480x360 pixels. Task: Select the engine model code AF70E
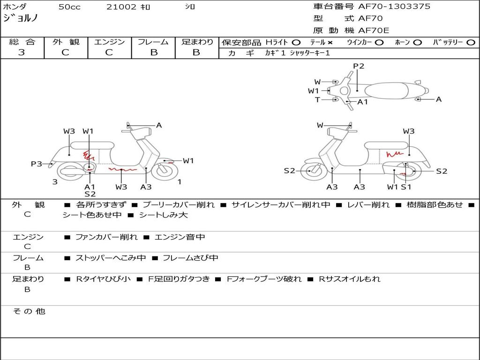point(374,30)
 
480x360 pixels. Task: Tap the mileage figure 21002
point(121,7)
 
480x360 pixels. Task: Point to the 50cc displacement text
point(69,7)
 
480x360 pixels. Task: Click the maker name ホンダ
point(15,7)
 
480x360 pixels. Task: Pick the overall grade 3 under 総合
point(22,52)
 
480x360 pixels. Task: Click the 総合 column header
point(22,42)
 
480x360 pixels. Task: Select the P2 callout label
point(359,66)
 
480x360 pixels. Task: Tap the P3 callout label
point(37,164)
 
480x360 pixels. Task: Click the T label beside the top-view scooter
point(317,99)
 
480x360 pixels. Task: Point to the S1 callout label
point(406,187)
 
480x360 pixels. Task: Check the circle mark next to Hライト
point(296,42)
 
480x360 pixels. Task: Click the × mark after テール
point(330,42)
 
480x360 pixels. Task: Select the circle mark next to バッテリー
point(471,42)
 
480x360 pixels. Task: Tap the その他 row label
point(29,311)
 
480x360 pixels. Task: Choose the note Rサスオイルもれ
point(349,279)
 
